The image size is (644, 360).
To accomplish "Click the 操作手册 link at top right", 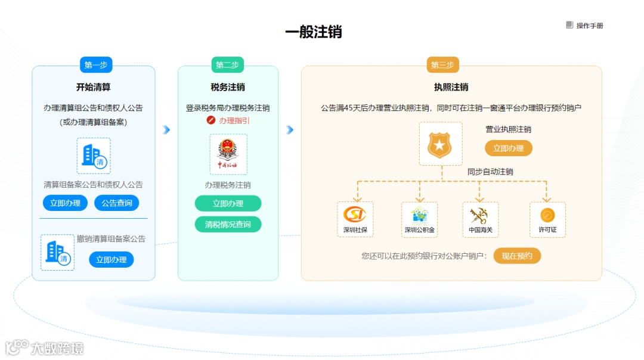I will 585,26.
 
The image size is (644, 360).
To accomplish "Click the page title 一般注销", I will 314,32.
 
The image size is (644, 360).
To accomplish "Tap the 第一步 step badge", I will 96,65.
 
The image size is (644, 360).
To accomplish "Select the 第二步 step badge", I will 227,65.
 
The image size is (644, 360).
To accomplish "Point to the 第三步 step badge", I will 442,65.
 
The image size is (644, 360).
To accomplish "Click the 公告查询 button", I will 117,203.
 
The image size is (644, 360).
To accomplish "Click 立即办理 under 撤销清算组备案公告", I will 112,259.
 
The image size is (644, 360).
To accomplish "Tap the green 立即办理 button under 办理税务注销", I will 228,203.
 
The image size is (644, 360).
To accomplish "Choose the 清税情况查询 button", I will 228,224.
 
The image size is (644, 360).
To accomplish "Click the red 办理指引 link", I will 229,120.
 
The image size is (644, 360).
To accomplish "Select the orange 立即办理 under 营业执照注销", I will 508,148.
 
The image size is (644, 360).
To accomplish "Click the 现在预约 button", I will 517,256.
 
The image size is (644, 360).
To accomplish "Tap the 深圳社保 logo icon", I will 355,215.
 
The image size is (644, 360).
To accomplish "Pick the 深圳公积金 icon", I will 419,215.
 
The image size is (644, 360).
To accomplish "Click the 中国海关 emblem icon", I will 480,215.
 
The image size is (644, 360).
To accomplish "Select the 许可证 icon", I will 547,215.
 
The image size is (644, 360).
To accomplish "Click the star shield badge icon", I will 441,144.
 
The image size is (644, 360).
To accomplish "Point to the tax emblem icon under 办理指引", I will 228,154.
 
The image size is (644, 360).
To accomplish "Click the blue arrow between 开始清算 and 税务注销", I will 166,130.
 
